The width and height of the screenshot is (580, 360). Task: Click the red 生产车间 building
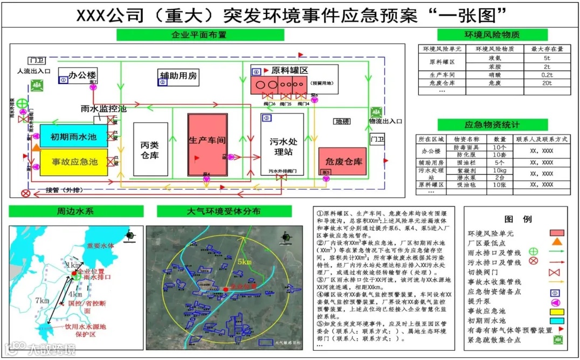click(x=208, y=144)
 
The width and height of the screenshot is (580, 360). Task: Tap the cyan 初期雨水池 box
click(x=73, y=137)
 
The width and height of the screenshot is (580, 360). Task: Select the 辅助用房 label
click(x=178, y=76)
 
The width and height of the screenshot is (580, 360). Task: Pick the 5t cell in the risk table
click(x=547, y=58)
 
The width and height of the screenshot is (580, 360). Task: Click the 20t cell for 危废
click(x=547, y=84)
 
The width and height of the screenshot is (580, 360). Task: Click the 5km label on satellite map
click(x=244, y=262)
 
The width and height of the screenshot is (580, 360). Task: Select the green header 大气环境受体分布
click(x=224, y=211)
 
